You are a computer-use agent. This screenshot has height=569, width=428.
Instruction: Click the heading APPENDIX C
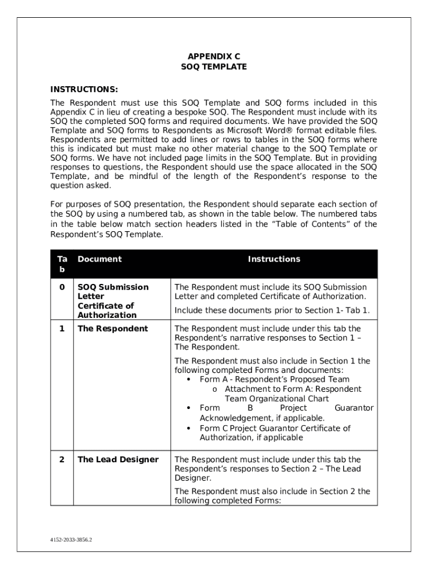click(x=214, y=57)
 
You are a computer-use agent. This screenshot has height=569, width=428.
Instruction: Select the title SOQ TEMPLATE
click(x=214, y=67)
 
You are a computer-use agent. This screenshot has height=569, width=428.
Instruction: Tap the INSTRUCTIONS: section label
click(x=84, y=89)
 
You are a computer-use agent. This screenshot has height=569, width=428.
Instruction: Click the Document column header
click(x=99, y=259)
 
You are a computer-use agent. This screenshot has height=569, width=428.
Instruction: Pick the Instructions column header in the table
click(x=273, y=259)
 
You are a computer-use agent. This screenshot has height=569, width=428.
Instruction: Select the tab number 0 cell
click(x=62, y=287)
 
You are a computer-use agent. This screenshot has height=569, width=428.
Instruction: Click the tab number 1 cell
click(x=62, y=328)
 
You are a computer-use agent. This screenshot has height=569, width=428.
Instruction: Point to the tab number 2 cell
click(x=62, y=460)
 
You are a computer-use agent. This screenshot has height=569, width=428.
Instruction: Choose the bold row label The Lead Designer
click(x=118, y=460)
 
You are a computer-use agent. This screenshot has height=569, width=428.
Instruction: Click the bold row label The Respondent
click(x=112, y=328)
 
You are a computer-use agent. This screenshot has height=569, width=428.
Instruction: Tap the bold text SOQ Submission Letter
click(x=113, y=291)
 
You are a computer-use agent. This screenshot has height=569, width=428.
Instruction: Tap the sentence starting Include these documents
click(x=272, y=311)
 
